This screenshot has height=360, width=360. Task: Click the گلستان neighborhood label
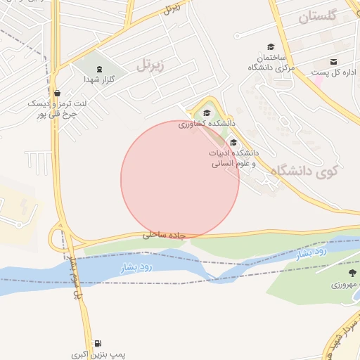pos(319,16)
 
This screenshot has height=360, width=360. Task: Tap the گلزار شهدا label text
pos(99,80)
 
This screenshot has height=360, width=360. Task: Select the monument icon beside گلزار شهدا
pos(99,69)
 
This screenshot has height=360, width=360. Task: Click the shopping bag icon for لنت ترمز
pos(57,93)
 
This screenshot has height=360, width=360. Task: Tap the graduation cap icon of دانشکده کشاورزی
pos(206,112)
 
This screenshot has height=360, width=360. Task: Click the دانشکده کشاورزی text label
pos(206,124)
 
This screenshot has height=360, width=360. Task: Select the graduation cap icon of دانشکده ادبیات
pos(233,142)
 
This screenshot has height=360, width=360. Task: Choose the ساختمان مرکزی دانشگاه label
pos(270,62)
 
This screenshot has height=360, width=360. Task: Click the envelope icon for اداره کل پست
pos(333,61)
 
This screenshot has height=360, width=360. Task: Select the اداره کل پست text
pos(335,72)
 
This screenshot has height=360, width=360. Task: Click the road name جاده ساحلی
pos(163,235)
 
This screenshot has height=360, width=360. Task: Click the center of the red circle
pos(180,180)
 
